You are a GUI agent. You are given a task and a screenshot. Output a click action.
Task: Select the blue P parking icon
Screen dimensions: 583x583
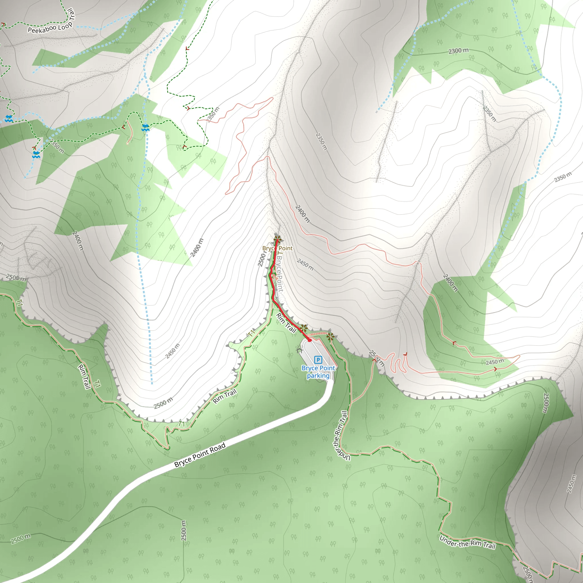pyautogui.click(x=318, y=360)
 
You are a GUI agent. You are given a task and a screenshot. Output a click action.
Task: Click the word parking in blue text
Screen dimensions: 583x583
pyautogui.click(x=318, y=376)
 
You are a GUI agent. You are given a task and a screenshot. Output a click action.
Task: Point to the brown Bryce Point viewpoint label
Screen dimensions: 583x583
pyautogui.click(x=277, y=248)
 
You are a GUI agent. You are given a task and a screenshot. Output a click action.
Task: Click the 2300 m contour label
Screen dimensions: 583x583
pyautogui.click(x=458, y=51)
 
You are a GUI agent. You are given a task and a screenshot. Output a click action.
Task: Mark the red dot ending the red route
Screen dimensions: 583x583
pyautogui.click(x=310, y=340)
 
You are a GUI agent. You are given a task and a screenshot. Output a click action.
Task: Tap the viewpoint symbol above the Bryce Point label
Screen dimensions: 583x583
pyautogui.click(x=277, y=240)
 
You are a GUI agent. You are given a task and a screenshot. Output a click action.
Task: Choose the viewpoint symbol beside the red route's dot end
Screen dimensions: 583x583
pyautogui.click(x=303, y=328)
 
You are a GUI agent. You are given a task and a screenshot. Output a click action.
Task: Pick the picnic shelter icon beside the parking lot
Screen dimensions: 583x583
pyautogui.click(x=300, y=350)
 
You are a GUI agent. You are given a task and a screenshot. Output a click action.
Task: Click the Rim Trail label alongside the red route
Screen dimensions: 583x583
pyautogui.click(x=286, y=323)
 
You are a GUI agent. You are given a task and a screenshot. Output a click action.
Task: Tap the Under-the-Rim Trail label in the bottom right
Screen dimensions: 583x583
pyautogui.click(x=467, y=542)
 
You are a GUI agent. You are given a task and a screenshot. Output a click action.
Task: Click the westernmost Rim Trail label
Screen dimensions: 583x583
pyautogui.click(x=84, y=377)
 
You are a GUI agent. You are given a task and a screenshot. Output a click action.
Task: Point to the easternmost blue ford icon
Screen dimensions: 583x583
pyautogui.click(x=145, y=128)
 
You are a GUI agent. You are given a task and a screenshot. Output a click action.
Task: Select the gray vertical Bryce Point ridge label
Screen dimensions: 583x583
pyautogui.click(x=280, y=273)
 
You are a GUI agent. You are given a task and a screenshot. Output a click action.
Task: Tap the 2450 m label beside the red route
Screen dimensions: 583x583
pyautogui.click(x=305, y=264)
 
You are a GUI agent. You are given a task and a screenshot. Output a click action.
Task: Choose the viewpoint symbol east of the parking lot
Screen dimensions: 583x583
pyautogui.click(x=330, y=337)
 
